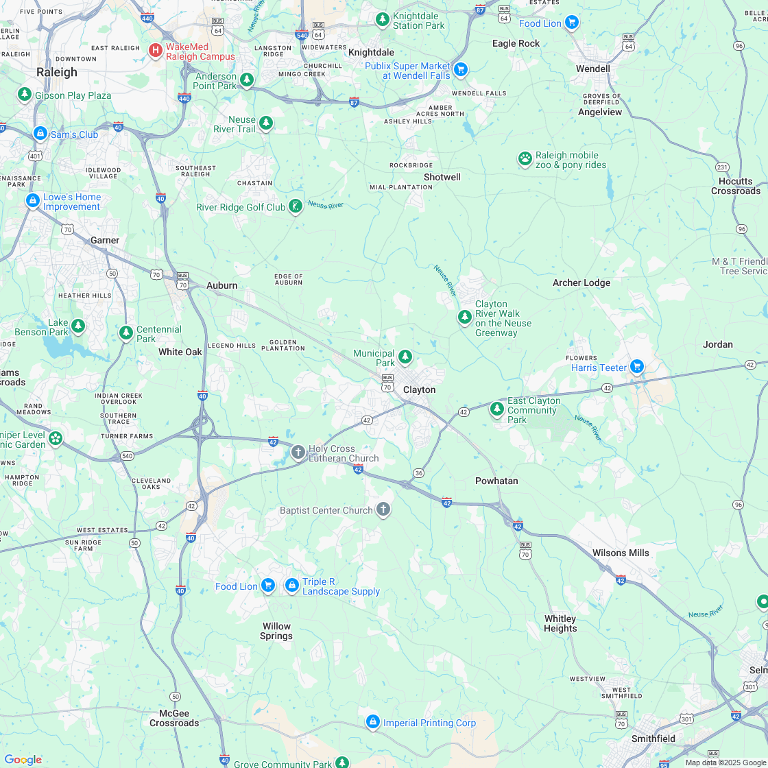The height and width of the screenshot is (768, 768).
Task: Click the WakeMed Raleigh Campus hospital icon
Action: click(x=156, y=50)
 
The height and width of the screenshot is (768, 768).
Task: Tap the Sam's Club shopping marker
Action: click(x=40, y=134)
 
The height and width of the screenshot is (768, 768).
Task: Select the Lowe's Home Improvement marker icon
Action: click(x=32, y=201)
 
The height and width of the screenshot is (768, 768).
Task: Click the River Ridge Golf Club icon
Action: click(x=296, y=206)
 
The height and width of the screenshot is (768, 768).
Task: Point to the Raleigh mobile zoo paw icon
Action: click(x=525, y=159)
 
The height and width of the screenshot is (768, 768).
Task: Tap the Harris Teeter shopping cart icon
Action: click(x=637, y=367)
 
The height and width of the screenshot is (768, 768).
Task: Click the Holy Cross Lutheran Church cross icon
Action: click(x=298, y=451)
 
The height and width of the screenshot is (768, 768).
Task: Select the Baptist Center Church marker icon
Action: click(x=383, y=509)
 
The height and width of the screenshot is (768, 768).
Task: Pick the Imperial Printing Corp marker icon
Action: click(x=372, y=722)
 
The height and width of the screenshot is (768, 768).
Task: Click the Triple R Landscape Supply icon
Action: click(x=291, y=586)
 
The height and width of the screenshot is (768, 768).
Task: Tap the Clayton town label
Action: click(x=419, y=389)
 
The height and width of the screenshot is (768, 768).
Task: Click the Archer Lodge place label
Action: click(x=581, y=283)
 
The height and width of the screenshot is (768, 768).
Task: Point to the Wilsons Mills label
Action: click(x=620, y=553)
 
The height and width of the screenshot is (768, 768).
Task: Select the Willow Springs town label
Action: click(x=276, y=631)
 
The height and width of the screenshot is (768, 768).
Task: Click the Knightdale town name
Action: click(x=371, y=52)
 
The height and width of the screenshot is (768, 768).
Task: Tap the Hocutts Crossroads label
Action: click(x=735, y=186)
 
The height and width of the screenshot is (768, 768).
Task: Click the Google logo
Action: click(x=23, y=759)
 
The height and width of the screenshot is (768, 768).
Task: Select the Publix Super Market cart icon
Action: click(x=461, y=69)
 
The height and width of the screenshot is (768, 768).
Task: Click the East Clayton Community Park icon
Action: click(x=496, y=409)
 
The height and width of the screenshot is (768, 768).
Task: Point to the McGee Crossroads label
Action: click(x=174, y=718)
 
